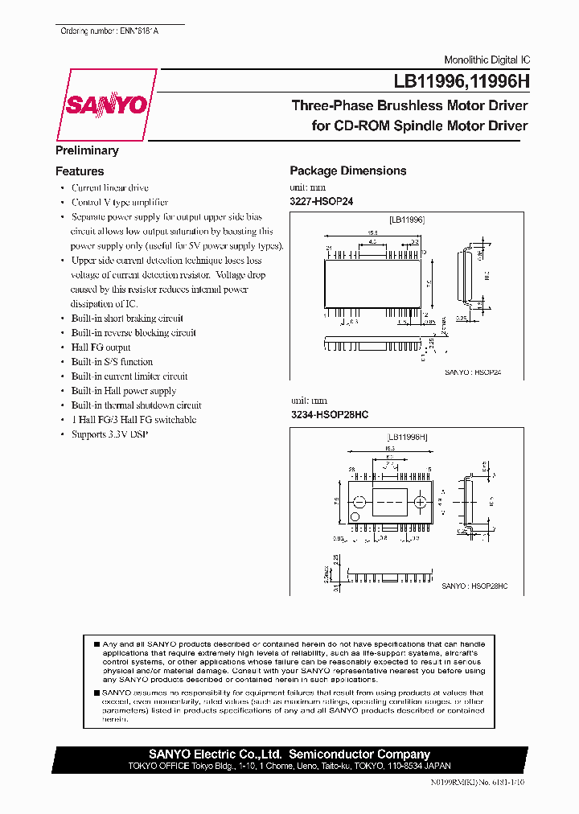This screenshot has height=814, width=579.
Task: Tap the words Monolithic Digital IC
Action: pyautogui.click(x=487, y=60)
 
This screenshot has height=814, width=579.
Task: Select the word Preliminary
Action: pyautogui.click(x=87, y=150)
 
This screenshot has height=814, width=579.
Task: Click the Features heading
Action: pyautogui.click(x=80, y=171)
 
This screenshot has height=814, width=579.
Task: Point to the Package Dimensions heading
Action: pyautogui.click(x=347, y=171)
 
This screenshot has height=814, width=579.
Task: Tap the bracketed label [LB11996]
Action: pyautogui.click(x=407, y=219)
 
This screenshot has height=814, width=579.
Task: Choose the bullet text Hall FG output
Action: pyautogui.click(x=101, y=347)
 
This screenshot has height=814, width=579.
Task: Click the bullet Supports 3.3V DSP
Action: pyautogui.click(x=109, y=434)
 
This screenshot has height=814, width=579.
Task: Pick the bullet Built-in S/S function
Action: pyautogui.click(x=112, y=362)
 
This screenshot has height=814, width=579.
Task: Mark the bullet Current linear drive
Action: pyautogui.click(x=110, y=188)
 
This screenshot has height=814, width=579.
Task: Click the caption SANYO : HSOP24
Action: pyautogui.click(x=473, y=372)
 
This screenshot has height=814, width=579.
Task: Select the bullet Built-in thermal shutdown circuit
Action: pyautogui.click(x=136, y=405)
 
